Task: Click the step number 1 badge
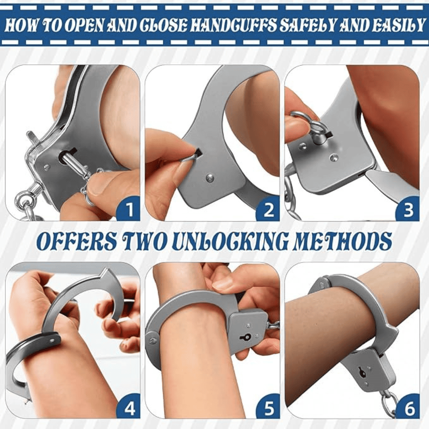[x=129, y=210]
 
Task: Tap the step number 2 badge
[x=269, y=210]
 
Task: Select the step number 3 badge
[x=408, y=210]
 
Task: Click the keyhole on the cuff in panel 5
[x=245, y=337]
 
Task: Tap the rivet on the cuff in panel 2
[x=210, y=178]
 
